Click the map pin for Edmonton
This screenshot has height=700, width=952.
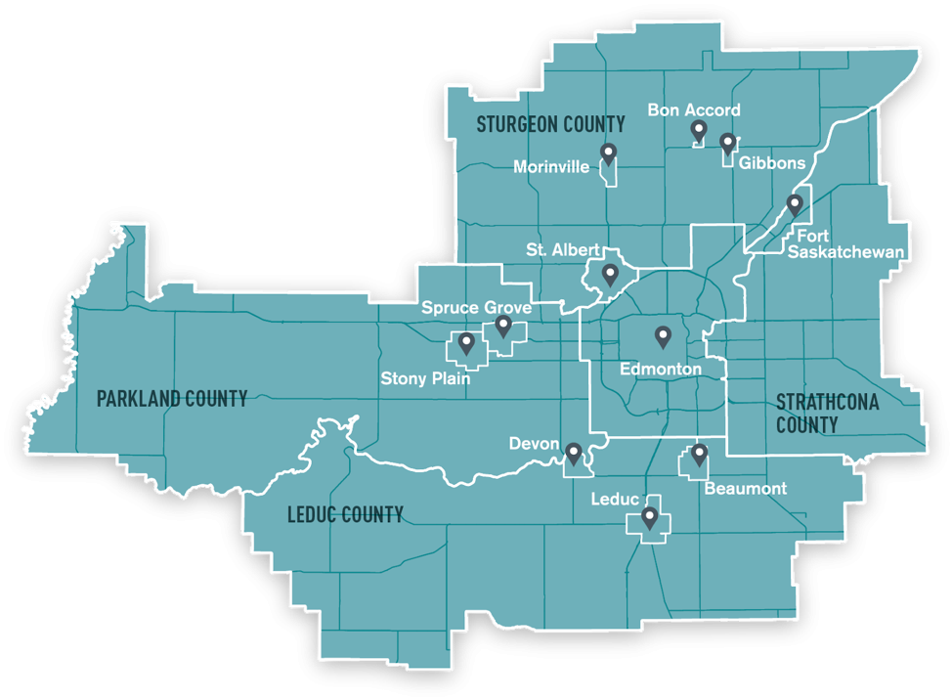click(x=663, y=337)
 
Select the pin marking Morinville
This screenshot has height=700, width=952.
click(x=608, y=153)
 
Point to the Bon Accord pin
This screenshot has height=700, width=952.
click(x=699, y=130)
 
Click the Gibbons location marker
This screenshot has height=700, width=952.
click(x=727, y=144)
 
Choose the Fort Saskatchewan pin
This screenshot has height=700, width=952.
click(x=795, y=204)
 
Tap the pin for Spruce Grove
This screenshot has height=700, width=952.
click(x=503, y=327)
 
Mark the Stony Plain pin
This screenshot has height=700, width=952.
click(x=466, y=343)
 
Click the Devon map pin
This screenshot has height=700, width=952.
click(x=574, y=453)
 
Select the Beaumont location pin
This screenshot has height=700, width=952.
click(x=699, y=454)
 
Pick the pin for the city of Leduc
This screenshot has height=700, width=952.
click(x=649, y=516)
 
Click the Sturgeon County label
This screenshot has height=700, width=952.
click(x=550, y=124)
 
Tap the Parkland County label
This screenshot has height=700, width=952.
click(x=171, y=398)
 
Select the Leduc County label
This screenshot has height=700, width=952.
click(x=345, y=514)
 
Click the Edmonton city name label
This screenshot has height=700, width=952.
click(x=661, y=370)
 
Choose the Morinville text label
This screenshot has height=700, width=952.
click(x=551, y=167)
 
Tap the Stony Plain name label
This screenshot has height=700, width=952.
click(x=425, y=378)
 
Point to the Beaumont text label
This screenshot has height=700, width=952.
click(x=745, y=488)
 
